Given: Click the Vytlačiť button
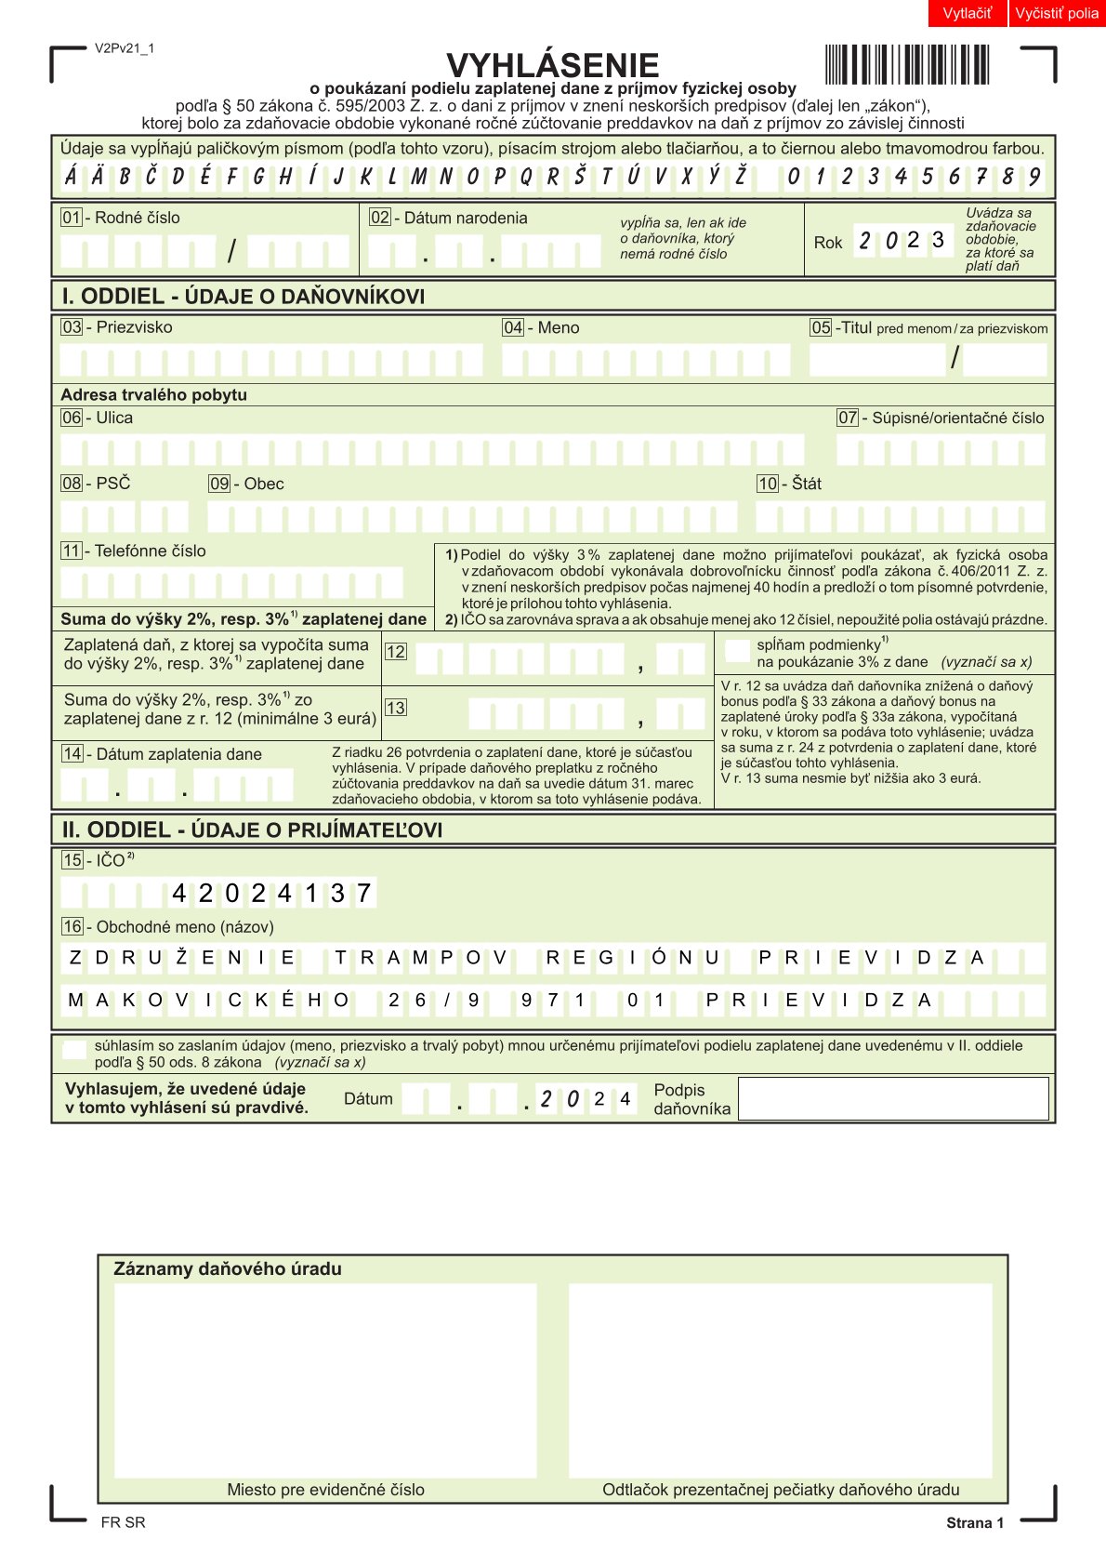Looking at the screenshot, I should click(x=967, y=13).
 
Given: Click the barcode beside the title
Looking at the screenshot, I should click(x=906, y=65).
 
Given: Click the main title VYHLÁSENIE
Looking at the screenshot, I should click(x=552, y=65).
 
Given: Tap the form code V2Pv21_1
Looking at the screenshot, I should click(x=125, y=48).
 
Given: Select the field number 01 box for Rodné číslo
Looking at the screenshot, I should click(x=72, y=218).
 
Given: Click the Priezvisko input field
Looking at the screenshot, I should click(x=271, y=360).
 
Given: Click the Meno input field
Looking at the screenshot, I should click(x=645, y=360).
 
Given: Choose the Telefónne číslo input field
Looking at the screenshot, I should click(x=232, y=583).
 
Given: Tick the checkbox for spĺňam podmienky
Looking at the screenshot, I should click(x=737, y=651).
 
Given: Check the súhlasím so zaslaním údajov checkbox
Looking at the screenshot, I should click(x=73, y=1051).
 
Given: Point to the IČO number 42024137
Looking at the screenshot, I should click(x=271, y=894).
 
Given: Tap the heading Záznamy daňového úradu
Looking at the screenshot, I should click(x=228, y=1268).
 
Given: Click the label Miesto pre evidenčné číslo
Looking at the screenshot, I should click(x=325, y=1489).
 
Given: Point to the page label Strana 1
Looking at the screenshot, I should click(x=975, y=1522).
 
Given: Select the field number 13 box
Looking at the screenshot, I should click(x=395, y=708).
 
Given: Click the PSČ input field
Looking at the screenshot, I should click(x=125, y=517).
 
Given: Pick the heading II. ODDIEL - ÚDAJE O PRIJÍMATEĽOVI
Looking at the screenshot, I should click(x=252, y=829).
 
